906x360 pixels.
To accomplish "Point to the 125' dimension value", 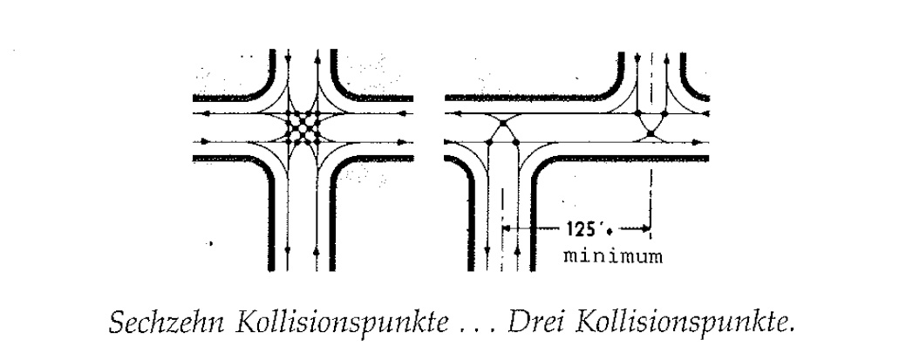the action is click(x=580, y=229).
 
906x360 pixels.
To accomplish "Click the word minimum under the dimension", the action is click(x=613, y=255).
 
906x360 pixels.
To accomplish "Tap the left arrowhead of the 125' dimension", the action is click(x=506, y=229).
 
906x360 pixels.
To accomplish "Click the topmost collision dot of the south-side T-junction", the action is click(x=502, y=123).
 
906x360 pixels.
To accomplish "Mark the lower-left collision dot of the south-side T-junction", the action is click(x=489, y=141).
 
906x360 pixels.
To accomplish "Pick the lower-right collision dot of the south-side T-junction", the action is click(x=516, y=141).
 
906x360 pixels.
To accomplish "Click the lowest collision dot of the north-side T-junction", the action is click(x=651, y=134).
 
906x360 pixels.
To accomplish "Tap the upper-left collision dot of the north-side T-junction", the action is click(x=637, y=113).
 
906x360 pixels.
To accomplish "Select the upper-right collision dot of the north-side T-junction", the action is click(x=665, y=113).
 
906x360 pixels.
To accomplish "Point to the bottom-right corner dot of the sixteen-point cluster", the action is click(x=317, y=141).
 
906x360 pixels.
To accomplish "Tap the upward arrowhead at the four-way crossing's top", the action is click(x=317, y=59).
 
